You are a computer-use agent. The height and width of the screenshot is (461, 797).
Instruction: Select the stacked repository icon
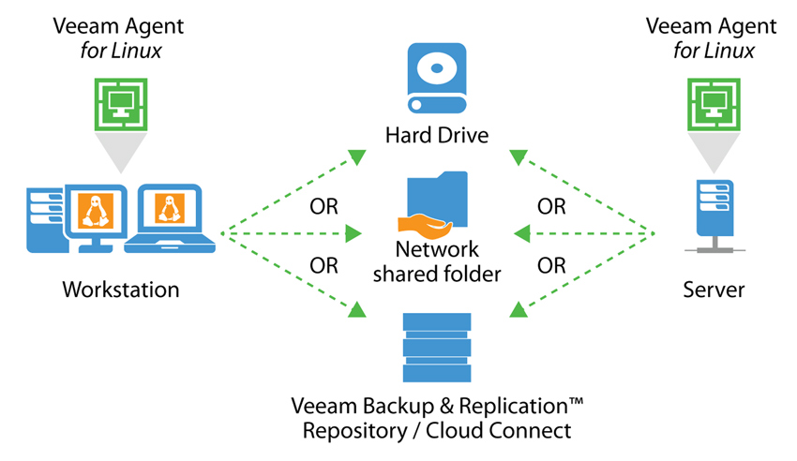tap(437, 348)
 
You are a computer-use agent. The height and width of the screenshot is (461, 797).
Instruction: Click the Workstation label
tap(120, 290)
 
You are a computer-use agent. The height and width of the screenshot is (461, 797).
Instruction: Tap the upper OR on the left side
tap(323, 206)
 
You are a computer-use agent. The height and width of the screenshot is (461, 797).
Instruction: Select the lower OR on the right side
tap(552, 265)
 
